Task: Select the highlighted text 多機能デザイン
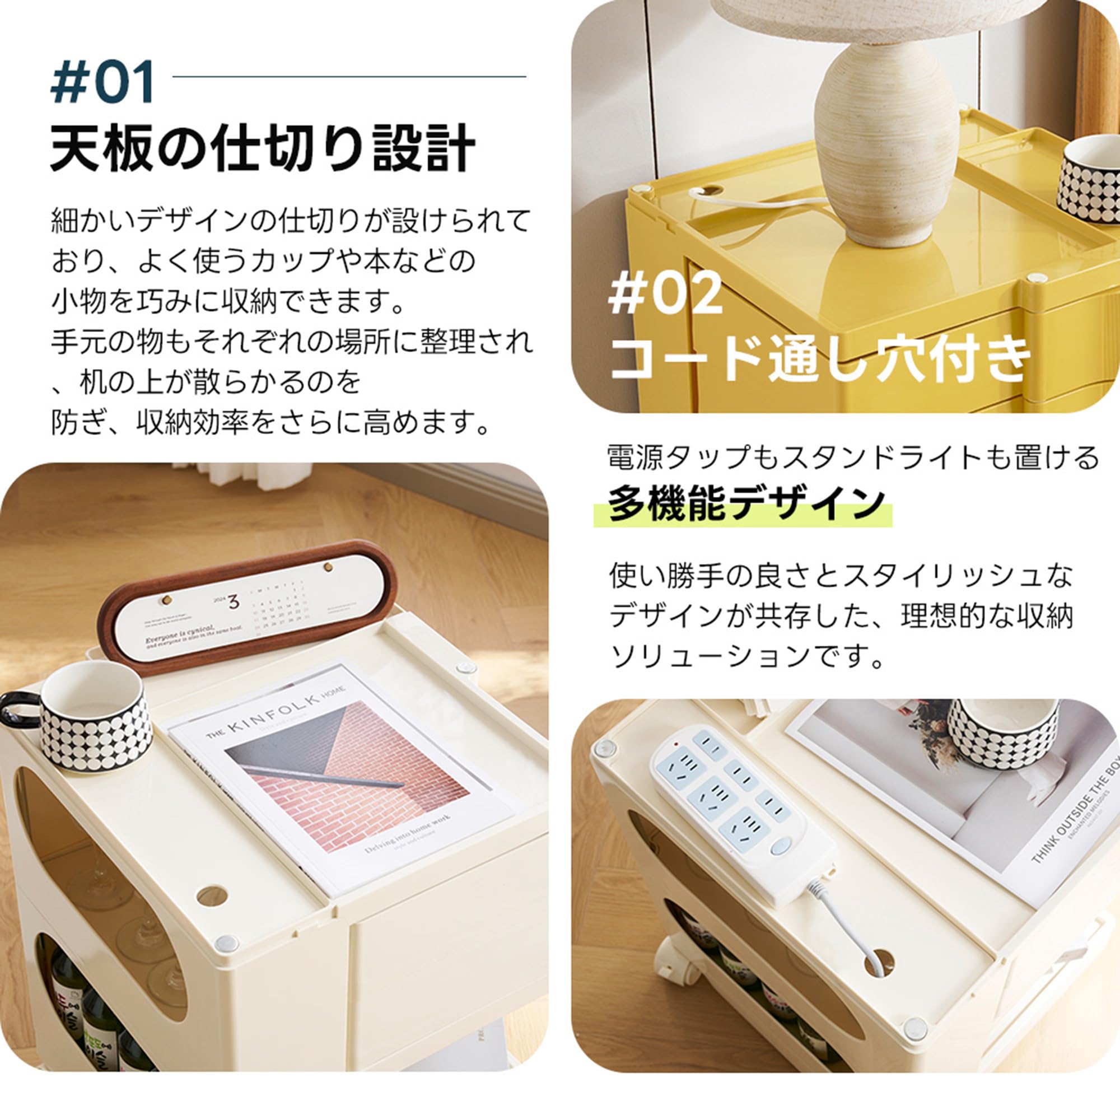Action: pyautogui.click(x=745, y=503)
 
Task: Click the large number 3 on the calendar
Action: pyautogui.click(x=234, y=602)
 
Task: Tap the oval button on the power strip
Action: pyautogui.click(x=780, y=846)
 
